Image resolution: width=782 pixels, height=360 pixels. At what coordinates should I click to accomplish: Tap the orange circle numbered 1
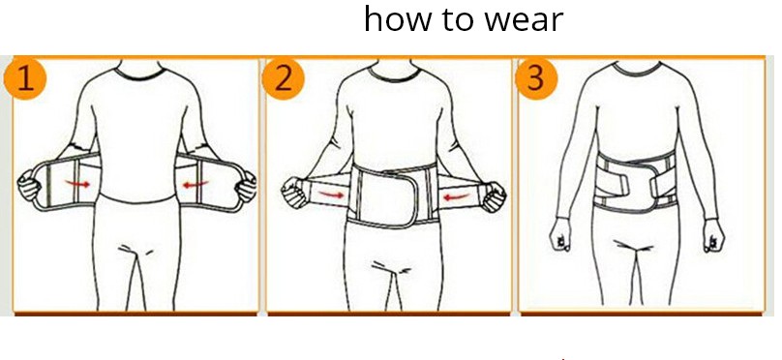(25, 78)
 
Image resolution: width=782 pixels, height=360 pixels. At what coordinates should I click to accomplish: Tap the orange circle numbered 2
(283, 78)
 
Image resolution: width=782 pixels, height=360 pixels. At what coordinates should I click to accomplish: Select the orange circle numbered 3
(536, 78)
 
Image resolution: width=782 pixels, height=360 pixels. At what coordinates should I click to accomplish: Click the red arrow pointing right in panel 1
(77, 184)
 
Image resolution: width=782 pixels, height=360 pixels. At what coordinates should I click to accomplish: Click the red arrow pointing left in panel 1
(195, 185)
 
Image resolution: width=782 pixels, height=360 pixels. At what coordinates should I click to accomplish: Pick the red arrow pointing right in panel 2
(331, 195)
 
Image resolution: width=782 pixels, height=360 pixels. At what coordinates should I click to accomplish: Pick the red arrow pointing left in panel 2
(457, 197)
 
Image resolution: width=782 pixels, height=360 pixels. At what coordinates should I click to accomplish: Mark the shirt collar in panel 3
(637, 69)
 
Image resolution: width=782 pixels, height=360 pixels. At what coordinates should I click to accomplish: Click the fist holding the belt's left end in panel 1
(29, 185)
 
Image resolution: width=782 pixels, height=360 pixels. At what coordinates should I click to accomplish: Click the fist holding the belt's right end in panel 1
(246, 187)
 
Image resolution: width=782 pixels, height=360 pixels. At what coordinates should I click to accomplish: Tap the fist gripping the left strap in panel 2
(294, 193)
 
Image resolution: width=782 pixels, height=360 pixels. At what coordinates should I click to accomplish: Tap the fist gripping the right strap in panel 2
(494, 196)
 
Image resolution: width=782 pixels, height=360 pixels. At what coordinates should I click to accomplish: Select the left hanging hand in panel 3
(560, 234)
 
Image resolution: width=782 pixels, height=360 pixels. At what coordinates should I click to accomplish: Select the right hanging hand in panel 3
(713, 235)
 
